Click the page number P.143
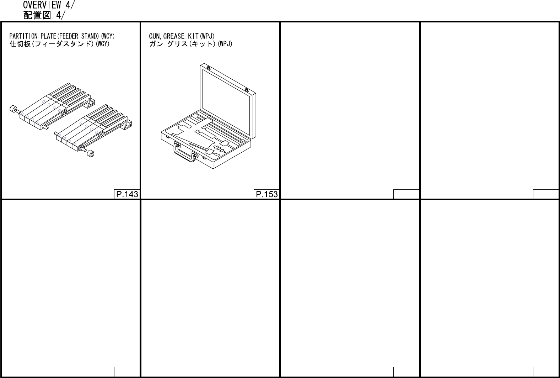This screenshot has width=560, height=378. tap(127, 194)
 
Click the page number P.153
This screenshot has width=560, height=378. tap(266, 194)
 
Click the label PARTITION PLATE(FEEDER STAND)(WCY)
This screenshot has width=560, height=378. tap(62, 36)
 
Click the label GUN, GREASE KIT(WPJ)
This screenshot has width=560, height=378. tap(182, 36)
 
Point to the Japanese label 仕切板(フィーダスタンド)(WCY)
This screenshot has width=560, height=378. tap(59, 44)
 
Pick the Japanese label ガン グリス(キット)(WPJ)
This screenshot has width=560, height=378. tap(190, 44)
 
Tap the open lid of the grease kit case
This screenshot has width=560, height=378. tap(227, 100)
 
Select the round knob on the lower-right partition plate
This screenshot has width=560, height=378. tap(91, 154)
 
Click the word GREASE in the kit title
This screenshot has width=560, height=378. tap(174, 36)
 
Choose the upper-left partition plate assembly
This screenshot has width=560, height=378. tap(53, 105)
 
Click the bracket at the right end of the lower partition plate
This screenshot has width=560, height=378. tap(128, 125)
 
